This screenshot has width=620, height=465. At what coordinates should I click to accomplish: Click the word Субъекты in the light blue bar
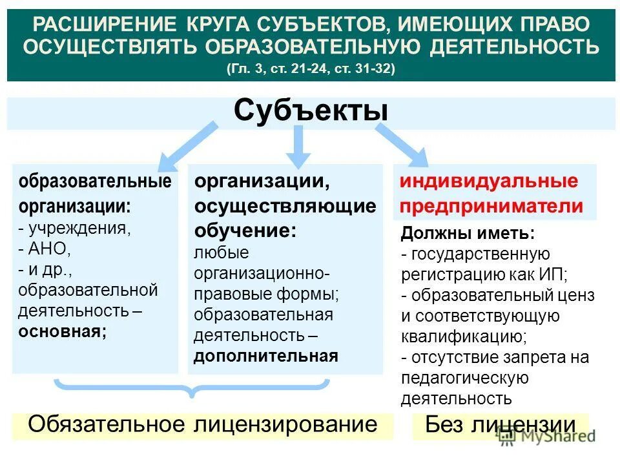[x=311, y=110]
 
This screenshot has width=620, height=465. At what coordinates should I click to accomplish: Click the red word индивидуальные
[x=488, y=181]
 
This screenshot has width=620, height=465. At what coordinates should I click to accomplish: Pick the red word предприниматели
[x=491, y=206]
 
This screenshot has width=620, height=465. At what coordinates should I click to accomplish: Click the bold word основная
[x=62, y=331]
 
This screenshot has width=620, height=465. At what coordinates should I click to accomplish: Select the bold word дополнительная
[x=266, y=356]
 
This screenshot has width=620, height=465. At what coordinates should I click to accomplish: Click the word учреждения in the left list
[x=79, y=228]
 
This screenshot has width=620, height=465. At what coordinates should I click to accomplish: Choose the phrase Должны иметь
[x=468, y=233]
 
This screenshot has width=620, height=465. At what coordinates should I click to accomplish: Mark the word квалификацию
[x=463, y=336]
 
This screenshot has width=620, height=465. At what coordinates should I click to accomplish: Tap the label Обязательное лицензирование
[x=202, y=424]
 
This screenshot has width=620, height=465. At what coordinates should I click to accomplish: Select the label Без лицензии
[x=500, y=425]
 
